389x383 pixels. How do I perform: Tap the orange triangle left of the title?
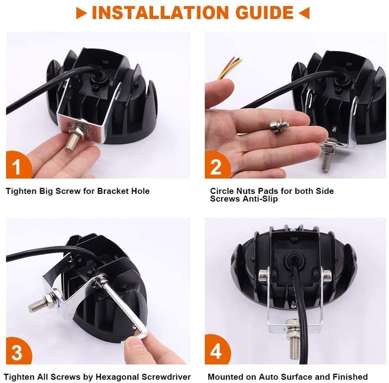[81, 13]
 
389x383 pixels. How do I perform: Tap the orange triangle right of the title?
[304, 13]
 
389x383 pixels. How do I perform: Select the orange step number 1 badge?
[18, 165]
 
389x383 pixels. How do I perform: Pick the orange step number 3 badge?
[18, 351]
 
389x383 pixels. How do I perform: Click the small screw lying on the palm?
[279, 125]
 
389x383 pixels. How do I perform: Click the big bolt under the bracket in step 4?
[294, 339]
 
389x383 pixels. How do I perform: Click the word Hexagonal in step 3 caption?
[118, 377]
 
